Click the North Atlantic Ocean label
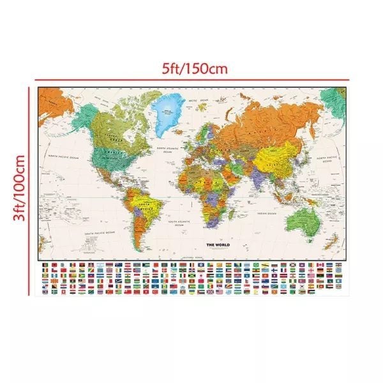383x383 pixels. click(167, 150)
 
